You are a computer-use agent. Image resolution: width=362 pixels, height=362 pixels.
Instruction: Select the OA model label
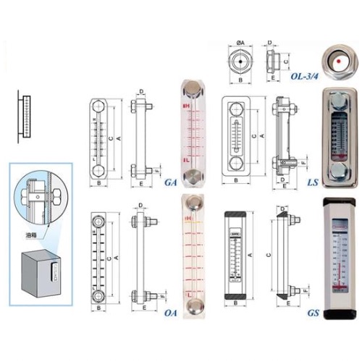[x=170, y=313]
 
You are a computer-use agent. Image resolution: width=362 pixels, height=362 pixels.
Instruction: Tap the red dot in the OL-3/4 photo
[x=337, y=63]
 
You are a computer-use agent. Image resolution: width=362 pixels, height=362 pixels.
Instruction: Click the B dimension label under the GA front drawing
[x=98, y=185]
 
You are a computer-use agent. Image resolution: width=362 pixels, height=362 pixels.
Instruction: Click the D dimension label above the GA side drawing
[x=140, y=91]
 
